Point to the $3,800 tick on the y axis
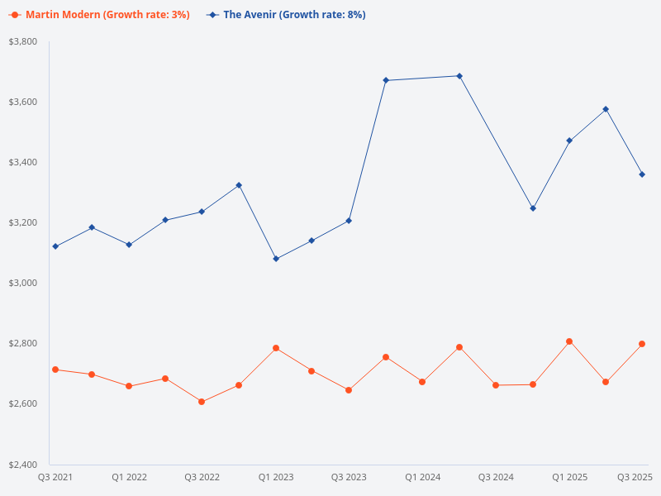click(23, 41)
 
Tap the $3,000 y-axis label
click(23, 283)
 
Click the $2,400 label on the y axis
click(23, 464)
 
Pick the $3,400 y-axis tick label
click(23, 162)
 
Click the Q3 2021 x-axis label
click(55, 477)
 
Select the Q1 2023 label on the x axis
click(276, 477)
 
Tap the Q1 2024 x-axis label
click(422, 477)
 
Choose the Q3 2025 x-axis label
click(635, 477)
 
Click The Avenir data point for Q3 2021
click(55, 246)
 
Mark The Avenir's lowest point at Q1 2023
click(276, 259)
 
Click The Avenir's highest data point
click(459, 76)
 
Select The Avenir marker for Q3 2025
click(642, 174)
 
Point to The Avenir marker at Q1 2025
click(569, 141)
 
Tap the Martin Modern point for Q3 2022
click(202, 402)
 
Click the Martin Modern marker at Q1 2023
click(276, 348)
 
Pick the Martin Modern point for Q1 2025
click(569, 341)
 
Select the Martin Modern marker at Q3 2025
click(642, 344)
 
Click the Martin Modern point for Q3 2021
click(55, 370)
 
